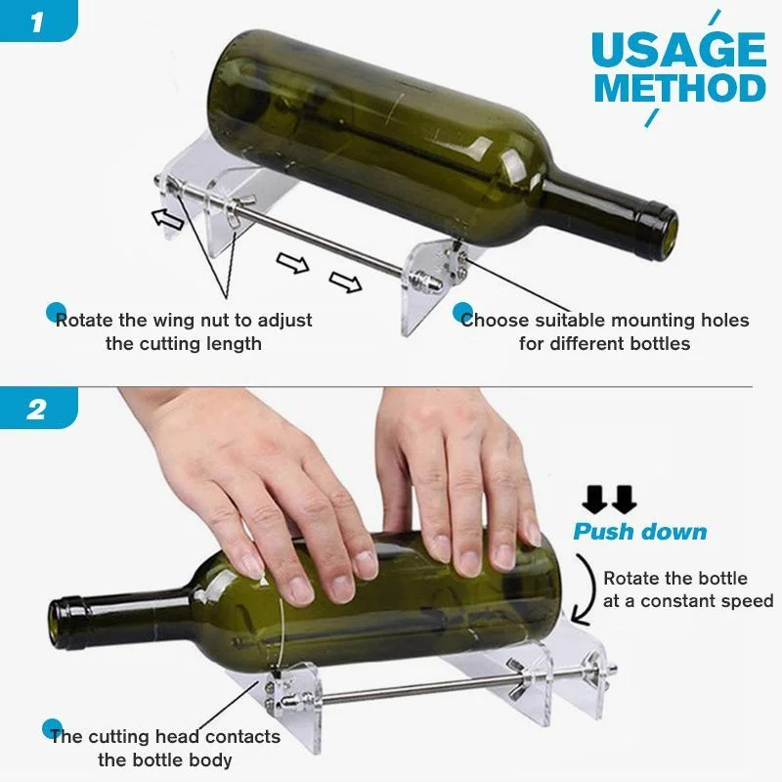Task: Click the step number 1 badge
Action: [36, 22]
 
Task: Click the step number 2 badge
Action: [36, 408]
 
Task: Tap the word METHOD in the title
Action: [679, 89]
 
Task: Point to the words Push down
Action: [639, 532]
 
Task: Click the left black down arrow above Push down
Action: [593, 500]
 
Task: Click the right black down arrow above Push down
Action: [624, 500]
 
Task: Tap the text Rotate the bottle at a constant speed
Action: [687, 589]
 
